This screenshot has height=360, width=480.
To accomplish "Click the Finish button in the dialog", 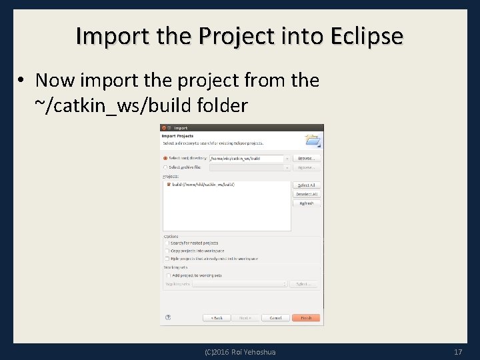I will click(x=306, y=318).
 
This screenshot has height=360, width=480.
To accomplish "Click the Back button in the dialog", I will click(x=217, y=318).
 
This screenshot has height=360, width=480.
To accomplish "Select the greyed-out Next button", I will click(x=245, y=318).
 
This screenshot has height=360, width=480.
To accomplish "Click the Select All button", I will click(x=307, y=185).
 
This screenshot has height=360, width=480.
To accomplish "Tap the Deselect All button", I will click(x=307, y=194).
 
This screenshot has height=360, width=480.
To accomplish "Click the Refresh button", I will click(x=307, y=203).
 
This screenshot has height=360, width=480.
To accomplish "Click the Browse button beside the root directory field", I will click(x=306, y=159).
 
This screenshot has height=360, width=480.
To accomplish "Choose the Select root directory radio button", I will click(x=165, y=159).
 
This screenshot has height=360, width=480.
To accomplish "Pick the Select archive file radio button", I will click(x=165, y=167).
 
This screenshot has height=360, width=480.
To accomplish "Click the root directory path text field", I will click(x=247, y=159).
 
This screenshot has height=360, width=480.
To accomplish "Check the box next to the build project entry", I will click(x=169, y=184).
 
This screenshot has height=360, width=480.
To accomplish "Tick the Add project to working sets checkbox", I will click(x=168, y=275).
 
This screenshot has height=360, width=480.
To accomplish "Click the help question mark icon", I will click(x=168, y=318).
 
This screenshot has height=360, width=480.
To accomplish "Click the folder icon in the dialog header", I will click(x=312, y=140).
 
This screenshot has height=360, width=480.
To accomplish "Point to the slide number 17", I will click(x=458, y=351).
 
